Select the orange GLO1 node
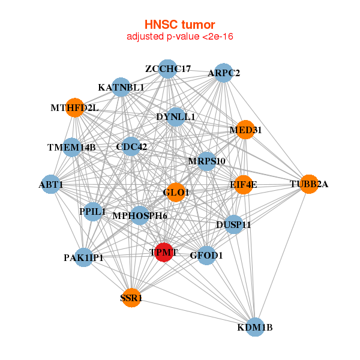pyautogui.click(x=176, y=193)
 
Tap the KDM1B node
pyautogui.click(x=255, y=327)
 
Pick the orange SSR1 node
pyautogui.click(x=131, y=297)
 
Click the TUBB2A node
pyautogui.click(x=309, y=184)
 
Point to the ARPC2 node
pyautogui.click(x=223, y=73)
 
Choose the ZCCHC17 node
pyautogui.click(x=168, y=69)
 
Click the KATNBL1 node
pyautogui.click(x=121, y=88)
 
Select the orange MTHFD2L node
pyautogui.click(x=74, y=108)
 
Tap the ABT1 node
pyautogui.click(x=51, y=184)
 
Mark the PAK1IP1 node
pyautogui.click(x=84, y=257)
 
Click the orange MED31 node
pyautogui.click(x=245, y=130)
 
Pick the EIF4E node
pyautogui.click(x=243, y=184)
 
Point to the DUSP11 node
pyautogui.click(x=233, y=224)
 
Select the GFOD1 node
pyautogui.click(x=206, y=255)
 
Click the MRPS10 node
pyautogui.click(x=206, y=161)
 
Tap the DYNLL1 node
pyautogui.click(x=176, y=116)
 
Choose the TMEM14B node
pyautogui.click(x=71, y=147)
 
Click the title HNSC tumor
pyautogui.click(x=179, y=25)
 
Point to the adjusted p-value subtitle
pyautogui.click(x=179, y=37)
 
